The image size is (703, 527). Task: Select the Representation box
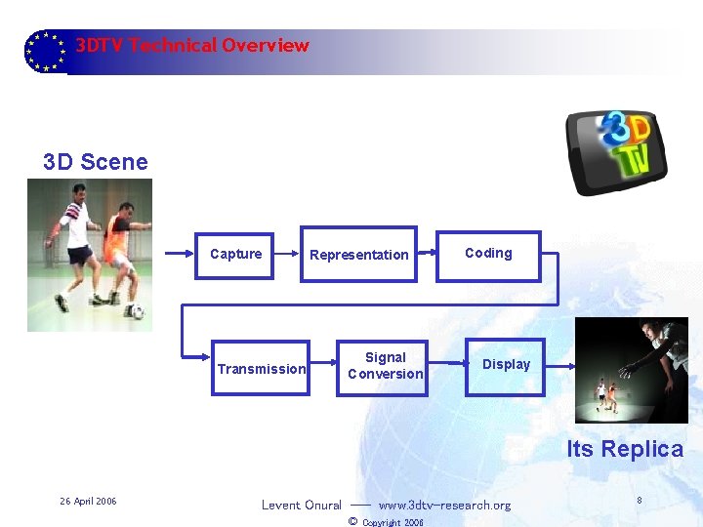click(x=358, y=255)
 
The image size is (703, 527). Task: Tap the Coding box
click(x=488, y=254)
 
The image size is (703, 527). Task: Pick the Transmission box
click(x=261, y=368)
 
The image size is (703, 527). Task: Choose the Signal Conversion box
click(x=386, y=366)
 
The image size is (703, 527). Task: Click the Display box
click(x=506, y=365)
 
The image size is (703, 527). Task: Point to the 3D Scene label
click(x=96, y=162)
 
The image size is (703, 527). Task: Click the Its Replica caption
click(x=625, y=449)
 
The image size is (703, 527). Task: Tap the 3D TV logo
click(x=619, y=150)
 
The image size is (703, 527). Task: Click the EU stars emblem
click(x=44, y=51)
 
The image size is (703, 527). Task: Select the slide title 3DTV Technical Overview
click(x=192, y=46)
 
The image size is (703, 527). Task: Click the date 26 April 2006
click(x=88, y=502)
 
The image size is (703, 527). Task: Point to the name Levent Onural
click(x=301, y=506)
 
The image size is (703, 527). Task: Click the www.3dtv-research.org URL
click(x=444, y=506)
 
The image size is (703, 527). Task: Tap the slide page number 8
click(x=639, y=501)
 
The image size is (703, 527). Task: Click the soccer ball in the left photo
click(x=137, y=313)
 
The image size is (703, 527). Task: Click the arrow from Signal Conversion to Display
click(x=445, y=366)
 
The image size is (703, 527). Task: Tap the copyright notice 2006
click(x=387, y=522)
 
